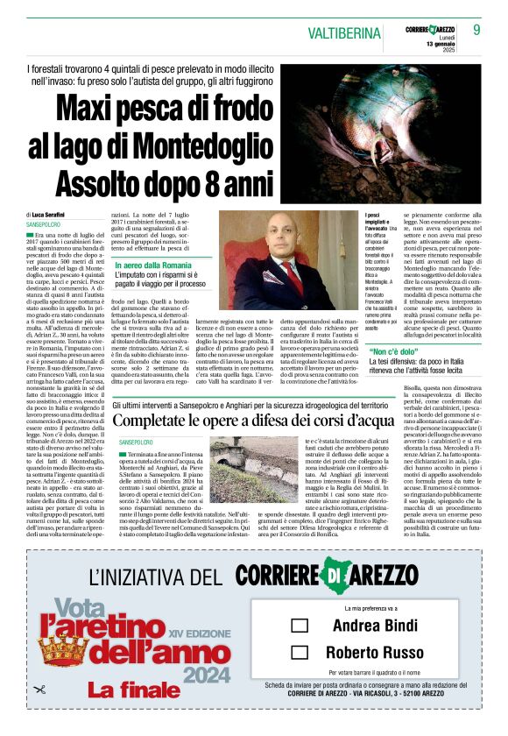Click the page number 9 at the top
click(477, 29)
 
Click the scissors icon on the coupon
click(39, 689)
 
